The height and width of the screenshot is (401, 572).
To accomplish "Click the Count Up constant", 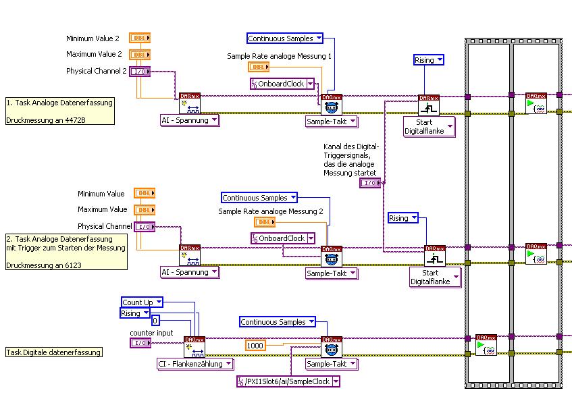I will click(x=138, y=302).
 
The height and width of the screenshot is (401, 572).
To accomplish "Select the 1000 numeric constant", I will click(x=255, y=346).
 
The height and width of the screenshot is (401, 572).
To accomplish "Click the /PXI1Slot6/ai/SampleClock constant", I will click(x=288, y=381).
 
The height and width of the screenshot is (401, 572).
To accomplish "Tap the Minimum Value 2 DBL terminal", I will click(x=140, y=38).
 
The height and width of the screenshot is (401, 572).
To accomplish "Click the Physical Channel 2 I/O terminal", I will click(x=139, y=71).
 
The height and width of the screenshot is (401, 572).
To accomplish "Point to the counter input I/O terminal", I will click(x=140, y=343).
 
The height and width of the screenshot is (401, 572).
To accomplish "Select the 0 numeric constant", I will click(x=155, y=321).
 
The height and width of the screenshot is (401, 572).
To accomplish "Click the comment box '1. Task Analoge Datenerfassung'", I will click(x=59, y=111).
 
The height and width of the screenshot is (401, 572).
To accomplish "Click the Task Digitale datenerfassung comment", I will click(x=54, y=352).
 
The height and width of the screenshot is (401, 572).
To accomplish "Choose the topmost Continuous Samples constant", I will click(x=285, y=38).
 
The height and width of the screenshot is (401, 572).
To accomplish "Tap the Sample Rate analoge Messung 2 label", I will click(x=270, y=212).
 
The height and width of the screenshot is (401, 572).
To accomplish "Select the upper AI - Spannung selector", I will click(x=189, y=120).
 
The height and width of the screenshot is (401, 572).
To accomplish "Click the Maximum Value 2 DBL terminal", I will click(x=140, y=54).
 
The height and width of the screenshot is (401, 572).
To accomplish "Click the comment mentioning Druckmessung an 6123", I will click(x=66, y=252).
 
